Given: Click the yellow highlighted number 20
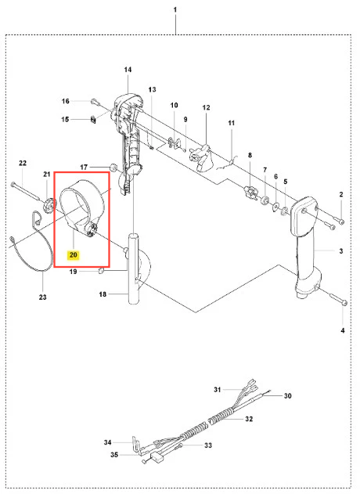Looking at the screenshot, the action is point(73,254).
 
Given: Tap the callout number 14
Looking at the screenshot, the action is point(128,70).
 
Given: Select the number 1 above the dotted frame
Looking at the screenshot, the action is point(175,9).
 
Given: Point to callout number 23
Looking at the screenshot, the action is point(42,297).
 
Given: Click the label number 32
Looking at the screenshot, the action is point(249,419).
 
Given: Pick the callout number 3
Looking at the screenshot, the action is point(341,251).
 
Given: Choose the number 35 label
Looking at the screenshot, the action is point(114,455).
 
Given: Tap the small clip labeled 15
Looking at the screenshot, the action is point(93,120).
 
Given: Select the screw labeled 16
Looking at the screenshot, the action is point(95,102).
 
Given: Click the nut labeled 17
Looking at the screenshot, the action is point(113,167).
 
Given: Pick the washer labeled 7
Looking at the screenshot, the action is point(265,200).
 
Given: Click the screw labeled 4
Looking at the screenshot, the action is point(338,298).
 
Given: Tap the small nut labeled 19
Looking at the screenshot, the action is point(101,271).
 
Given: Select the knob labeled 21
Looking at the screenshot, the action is point(48,206).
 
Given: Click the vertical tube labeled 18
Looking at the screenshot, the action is point(134,269).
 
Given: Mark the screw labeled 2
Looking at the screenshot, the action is point(337,219).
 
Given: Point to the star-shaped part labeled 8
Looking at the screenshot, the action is point(251,193).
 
